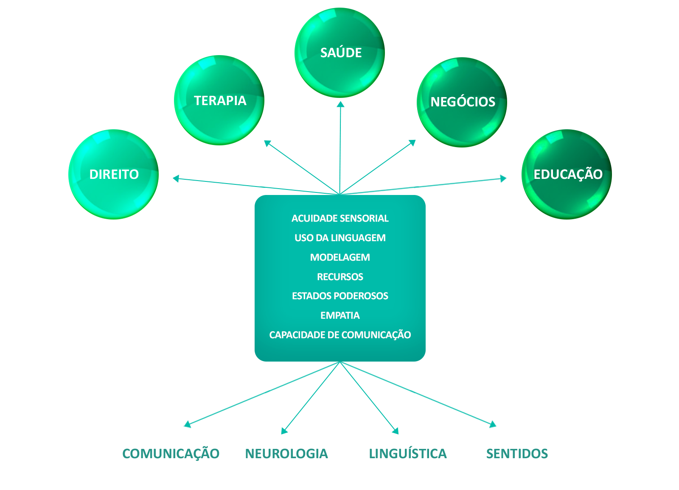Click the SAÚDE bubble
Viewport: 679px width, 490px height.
[x=339, y=53]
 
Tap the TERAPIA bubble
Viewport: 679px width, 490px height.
[x=219, y=100]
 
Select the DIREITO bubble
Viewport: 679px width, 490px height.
[x=113, y=174]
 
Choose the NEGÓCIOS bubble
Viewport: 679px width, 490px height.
[x=462, y=102]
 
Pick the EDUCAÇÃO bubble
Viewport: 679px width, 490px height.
[x=567, y=174]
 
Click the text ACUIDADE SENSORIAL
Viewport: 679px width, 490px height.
[x=340, y=218]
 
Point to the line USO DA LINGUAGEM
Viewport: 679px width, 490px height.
[x=340, y=238]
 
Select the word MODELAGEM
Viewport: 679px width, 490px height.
[x=340, y=257]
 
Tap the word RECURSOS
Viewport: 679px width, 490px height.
[x=340, y=277]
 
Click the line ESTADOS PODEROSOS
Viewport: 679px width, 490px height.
[x=340, y=296]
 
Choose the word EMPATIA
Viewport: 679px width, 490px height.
[x=340, y=315]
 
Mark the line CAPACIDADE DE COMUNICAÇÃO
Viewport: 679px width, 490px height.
[x=340, y=335]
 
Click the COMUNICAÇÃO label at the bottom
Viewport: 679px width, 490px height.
[x=171, y=454]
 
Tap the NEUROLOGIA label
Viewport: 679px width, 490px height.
[x=286, y=454]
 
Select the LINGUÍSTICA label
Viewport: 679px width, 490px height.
[x=408, y=454]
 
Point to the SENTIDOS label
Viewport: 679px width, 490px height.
[x=517, y=454]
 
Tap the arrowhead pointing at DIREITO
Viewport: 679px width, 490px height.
[x=175, y=178]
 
